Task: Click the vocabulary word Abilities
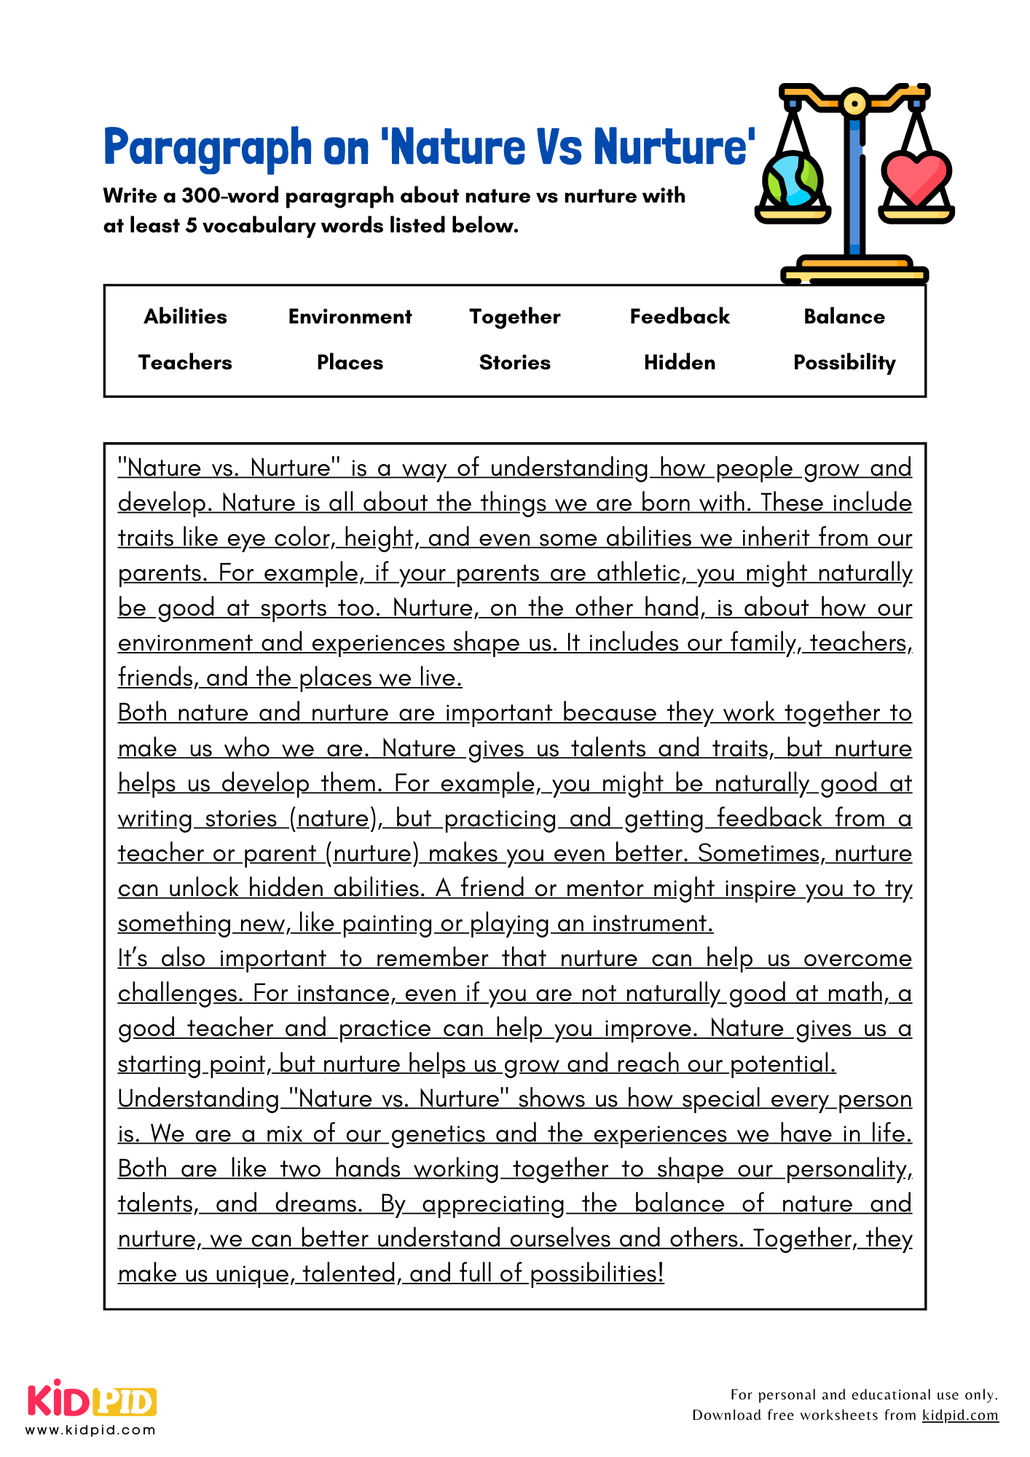[185, 316]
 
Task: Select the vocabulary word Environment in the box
[350, 316]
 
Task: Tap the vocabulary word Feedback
[679, 316]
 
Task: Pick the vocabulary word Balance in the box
[844, 316]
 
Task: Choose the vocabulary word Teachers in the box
[185, 362]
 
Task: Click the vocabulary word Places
[350, 362]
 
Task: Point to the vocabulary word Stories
[514, 362]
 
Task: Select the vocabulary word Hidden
[679, 362]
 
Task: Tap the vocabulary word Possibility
[844, 363]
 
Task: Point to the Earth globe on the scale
[792, 179]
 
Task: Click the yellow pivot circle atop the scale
[854, 103]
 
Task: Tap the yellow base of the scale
[854, 270]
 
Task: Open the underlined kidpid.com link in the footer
[959, 1415]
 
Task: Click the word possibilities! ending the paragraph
[597, 1273]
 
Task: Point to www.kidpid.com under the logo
[91, 1429]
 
